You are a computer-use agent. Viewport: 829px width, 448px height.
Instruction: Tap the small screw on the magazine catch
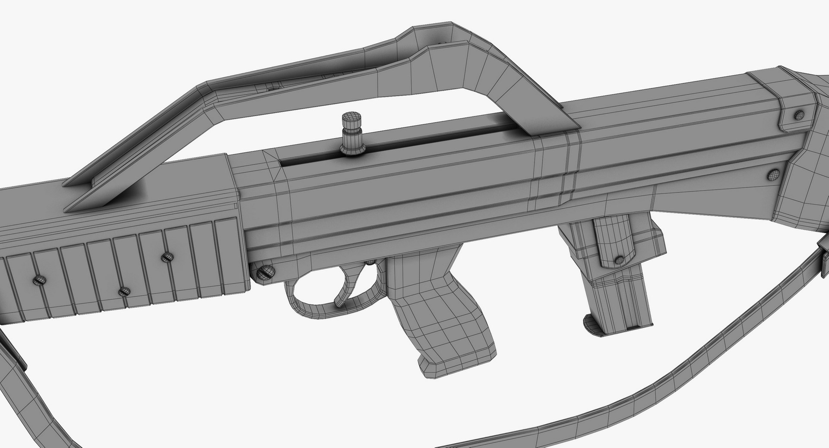tap(619, 260)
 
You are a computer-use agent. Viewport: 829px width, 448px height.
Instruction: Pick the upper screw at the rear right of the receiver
tap(799, 115)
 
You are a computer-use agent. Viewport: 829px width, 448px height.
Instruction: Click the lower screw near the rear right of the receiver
tap(773, 175)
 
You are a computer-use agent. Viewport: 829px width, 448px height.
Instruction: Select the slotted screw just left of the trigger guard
tap(263, 272)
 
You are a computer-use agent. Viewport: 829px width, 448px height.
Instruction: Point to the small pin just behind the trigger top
tap(370, 262)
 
